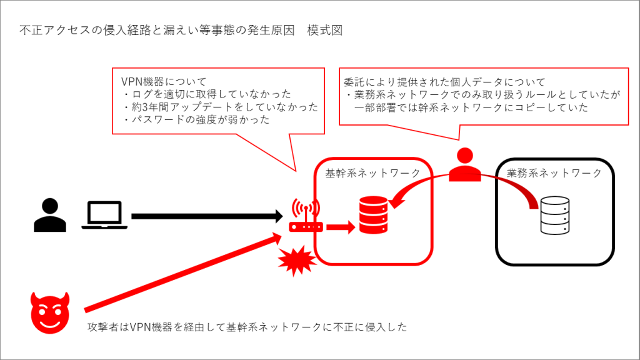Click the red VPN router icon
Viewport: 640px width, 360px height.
tap(306, 217)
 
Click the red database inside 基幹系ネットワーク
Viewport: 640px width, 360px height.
tap(372, 215)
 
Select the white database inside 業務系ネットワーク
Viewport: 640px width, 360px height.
tap(555, 215)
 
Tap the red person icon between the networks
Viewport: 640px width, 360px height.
tap(464, 165)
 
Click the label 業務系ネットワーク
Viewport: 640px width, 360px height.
tap(554, 172)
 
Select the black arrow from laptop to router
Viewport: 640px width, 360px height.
tap(206, 216)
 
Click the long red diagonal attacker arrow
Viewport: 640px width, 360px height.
tap(181, 273)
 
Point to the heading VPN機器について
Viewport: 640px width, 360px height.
tap(163, 82)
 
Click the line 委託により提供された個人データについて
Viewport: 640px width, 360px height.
tap(444, 82)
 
